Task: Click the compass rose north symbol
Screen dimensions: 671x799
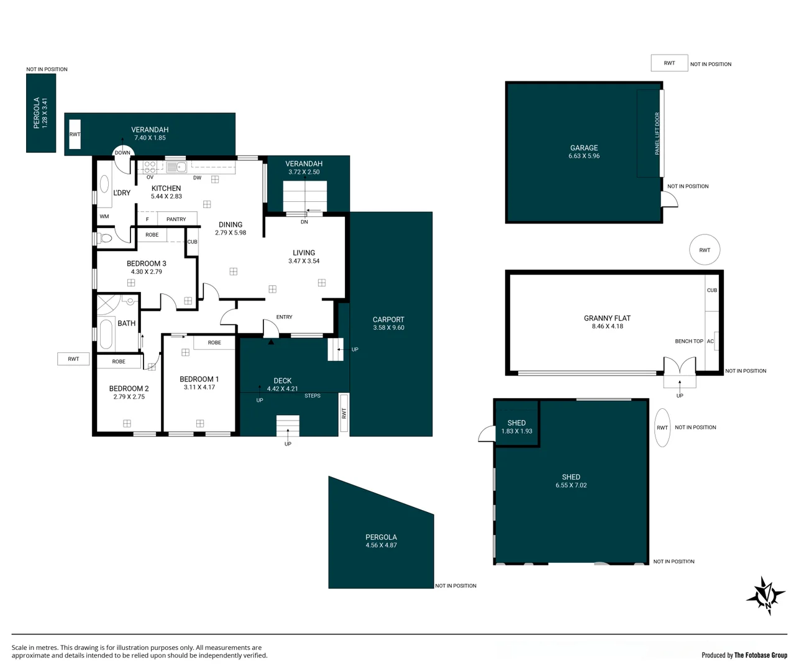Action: click(766, 596)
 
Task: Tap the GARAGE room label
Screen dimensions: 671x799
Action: click(584, 148)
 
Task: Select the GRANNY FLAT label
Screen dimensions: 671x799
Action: click(607, 318)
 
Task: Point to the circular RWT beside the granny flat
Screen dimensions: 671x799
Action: click(705, 250)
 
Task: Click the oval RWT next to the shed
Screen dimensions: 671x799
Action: click(662, 427)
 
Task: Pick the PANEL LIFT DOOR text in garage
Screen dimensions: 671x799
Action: click(657, 134)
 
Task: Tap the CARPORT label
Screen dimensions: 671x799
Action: click(388, 319)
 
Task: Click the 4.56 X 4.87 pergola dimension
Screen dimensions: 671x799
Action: click(381, 545)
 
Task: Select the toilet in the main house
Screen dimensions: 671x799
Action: click(104, 238)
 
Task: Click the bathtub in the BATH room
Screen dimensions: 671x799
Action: click(106, 334)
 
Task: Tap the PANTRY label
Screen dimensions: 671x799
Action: click(176, 219)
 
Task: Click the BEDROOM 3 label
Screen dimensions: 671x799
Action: click(146, 263)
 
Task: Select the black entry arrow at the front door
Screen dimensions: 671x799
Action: click(270, 342)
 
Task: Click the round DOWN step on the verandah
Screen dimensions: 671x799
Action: click(122, 152)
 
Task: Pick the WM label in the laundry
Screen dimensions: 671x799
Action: click(104, 216)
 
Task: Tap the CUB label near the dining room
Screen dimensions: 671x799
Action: click(193, 242)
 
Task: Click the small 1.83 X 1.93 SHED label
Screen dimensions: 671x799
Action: click(516, 427)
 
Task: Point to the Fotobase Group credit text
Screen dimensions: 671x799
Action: click(744, 655)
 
